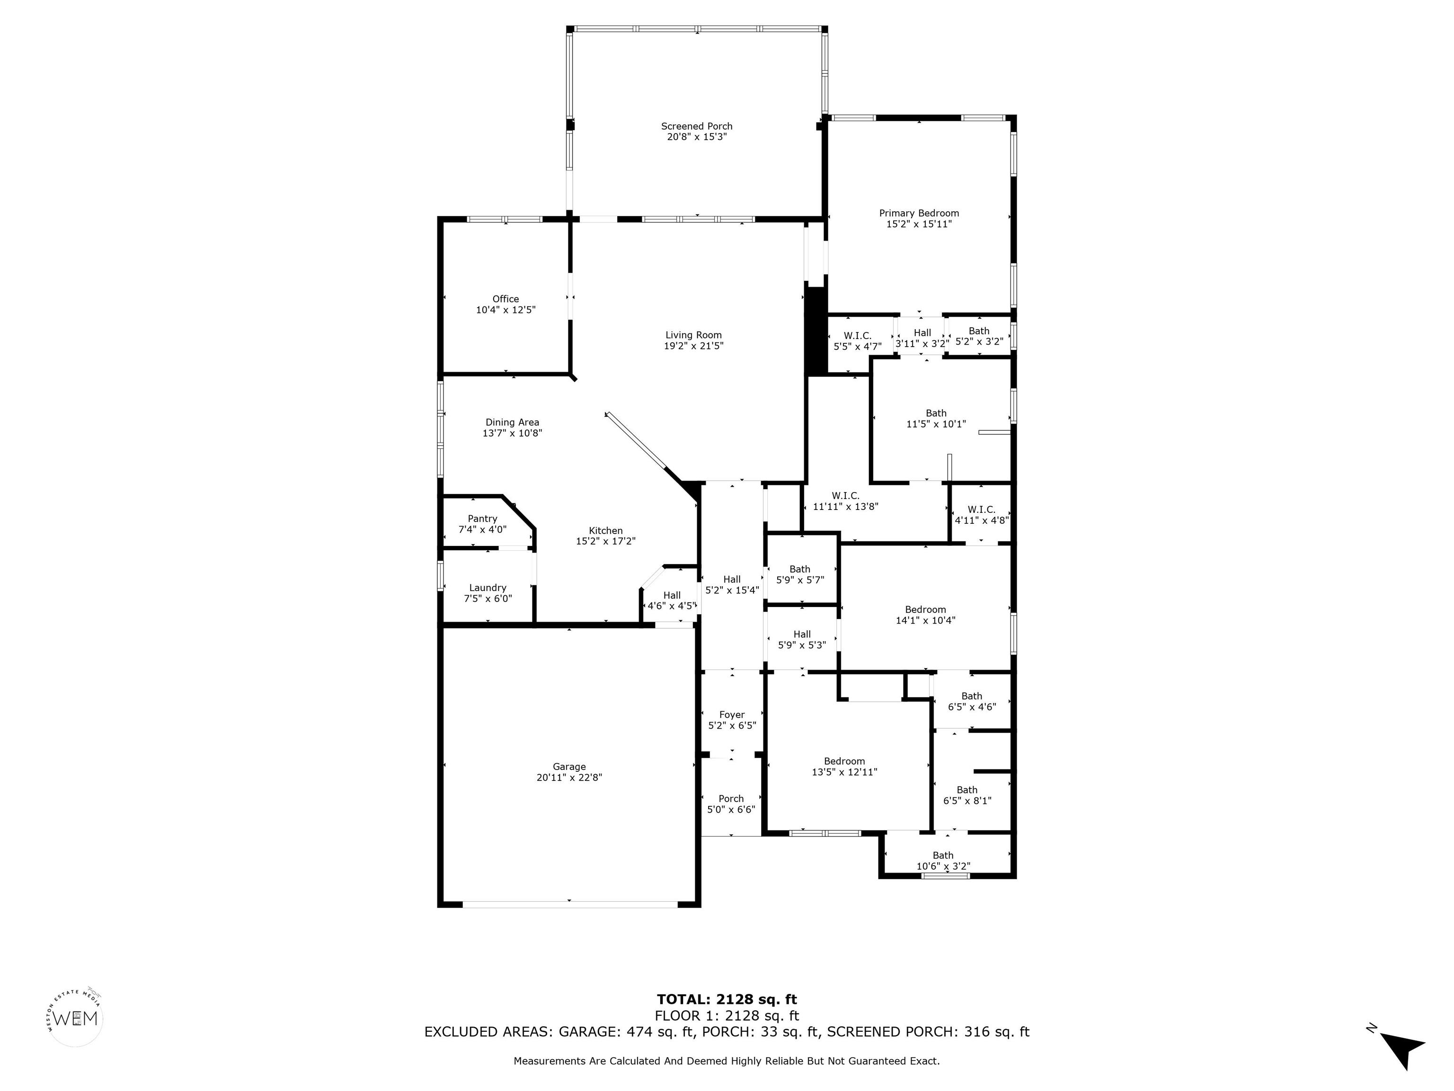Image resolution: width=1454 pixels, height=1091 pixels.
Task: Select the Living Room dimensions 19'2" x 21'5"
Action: (693, 346)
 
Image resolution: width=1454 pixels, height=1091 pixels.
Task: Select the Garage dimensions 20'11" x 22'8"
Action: (569, 778)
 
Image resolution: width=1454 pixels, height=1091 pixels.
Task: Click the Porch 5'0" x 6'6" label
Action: (731, 804)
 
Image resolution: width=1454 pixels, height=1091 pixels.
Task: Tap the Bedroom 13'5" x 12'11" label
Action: (845, 767)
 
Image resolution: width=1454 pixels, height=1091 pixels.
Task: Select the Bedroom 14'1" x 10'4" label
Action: (925, 615)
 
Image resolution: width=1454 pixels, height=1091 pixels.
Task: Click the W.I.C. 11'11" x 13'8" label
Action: (845, 501)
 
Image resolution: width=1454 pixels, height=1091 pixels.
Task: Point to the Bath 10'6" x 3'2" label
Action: (943, 861)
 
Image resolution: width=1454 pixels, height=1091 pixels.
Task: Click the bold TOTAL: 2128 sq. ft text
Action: (727, 1000)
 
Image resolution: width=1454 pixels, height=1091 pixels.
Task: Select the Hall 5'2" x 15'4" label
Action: (732, 585)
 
